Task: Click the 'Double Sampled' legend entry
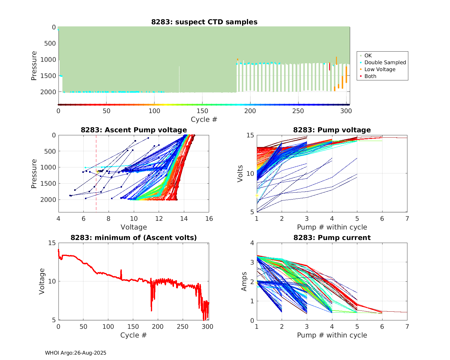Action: pyautogui.click(x=385, y=62)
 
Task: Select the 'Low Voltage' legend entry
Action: pyautogui.click(x=380, y=69)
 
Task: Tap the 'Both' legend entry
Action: pyautogui.click(x=370, y=76)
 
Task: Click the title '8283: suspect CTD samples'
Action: pyautogui.click(x=204, y=22)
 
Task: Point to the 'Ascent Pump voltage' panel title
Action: pyautogui.click(x=134, y=130)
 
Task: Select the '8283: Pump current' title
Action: pyautogui.click(x=332, y=238)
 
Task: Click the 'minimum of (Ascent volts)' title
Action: pyautogui.click(x=134, y=238)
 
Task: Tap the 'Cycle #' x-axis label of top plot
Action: pyautogui.click(x=204, y=119)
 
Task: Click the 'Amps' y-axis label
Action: pyautogui.click(x=244, y=281)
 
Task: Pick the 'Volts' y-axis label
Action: pyautogui.click(x=240, y=174)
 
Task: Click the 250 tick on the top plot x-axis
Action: pyautogui.click(x=298, y=111)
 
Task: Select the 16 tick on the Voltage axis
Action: pyautogui.click(x=209, y=219)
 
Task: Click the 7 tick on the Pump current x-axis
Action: pyautogui.click(x=407, y=326)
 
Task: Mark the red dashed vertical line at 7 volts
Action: pyautogui.click(x=96, y=180)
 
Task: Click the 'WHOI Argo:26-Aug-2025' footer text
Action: pyautogui.click(x=76, y=353)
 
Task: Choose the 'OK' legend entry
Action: pyautogui.click(x=368, y=55)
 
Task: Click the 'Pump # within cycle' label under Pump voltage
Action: pyautogui.click(x=332, y=227)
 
